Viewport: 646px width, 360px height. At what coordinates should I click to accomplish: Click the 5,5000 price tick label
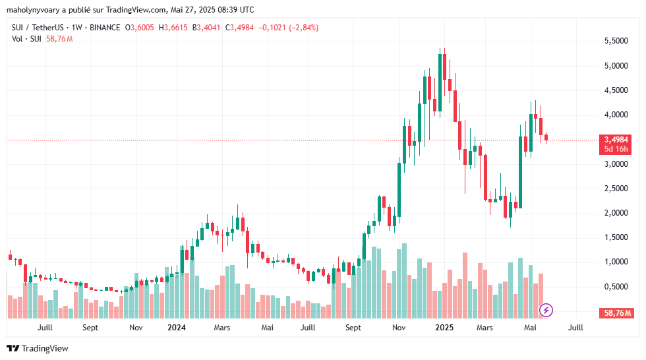click(616, 41)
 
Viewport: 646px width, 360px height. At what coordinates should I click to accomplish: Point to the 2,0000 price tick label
click(616, 213)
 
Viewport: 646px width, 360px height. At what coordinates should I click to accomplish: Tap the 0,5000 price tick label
click(616, 287)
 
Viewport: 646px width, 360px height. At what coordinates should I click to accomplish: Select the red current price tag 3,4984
click(616, 140)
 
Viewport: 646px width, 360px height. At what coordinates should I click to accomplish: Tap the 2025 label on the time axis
click(444, 328)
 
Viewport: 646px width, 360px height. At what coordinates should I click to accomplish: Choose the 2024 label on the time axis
click(176, 328)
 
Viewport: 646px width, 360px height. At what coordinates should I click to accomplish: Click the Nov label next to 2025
click(398, 328)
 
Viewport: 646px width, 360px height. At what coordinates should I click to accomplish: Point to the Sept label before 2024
click(90, 328)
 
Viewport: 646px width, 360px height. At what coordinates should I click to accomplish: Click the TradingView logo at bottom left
click(38, 348)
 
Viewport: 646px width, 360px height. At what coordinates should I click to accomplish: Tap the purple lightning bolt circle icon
click(546, 309)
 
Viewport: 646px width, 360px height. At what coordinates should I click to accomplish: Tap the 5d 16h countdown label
click(616, 149)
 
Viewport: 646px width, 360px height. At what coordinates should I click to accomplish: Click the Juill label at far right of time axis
click(575, 328)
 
